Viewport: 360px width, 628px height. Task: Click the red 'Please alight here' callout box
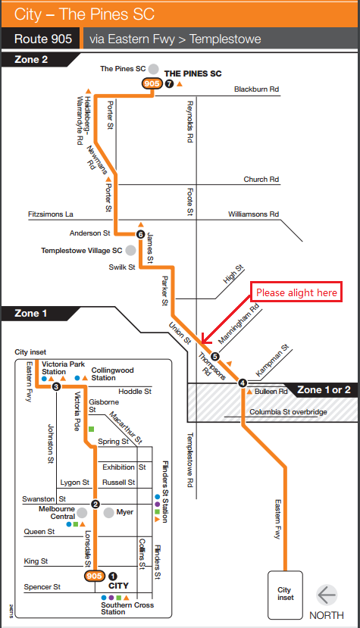296,292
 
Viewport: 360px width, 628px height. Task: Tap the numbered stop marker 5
215,356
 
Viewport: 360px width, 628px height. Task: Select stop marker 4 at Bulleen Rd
243,383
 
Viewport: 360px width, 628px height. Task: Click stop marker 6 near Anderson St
140,234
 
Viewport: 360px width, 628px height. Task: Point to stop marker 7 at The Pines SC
169,83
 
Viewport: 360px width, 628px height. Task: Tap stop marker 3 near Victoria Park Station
56,386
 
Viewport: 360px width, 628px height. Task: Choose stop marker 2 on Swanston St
95,504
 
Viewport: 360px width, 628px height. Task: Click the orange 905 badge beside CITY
95,576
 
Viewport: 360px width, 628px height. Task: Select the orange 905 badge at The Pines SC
152,83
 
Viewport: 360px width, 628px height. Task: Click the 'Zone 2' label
31,60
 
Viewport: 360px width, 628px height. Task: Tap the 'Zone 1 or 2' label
324,389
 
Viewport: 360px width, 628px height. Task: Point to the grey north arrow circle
327,595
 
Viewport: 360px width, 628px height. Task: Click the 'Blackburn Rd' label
257,89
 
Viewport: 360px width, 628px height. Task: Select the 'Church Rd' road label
261,179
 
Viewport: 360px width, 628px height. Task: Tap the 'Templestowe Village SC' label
81,251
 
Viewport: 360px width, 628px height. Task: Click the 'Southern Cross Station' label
127,608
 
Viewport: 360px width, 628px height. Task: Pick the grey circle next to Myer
108,512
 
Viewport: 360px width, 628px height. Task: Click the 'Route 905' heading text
43,39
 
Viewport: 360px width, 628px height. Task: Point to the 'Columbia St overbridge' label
288,412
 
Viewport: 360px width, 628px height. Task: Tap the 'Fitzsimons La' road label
51,214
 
